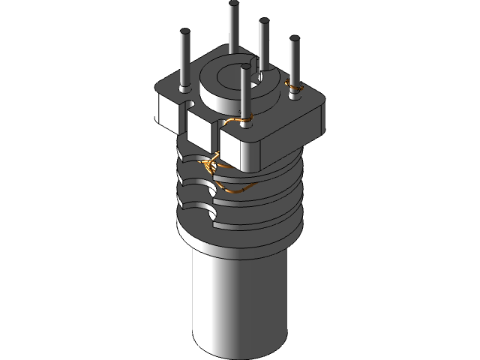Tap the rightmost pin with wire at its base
click(294, 64)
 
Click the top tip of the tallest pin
click(234, 4)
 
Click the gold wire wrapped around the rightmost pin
click(295, 91)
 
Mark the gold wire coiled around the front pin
click(238, 120)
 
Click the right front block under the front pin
click(239, 150)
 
